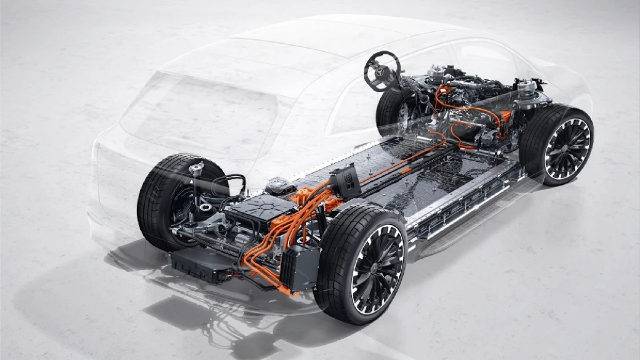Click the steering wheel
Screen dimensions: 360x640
[382, 71]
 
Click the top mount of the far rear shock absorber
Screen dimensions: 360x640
[196, 167]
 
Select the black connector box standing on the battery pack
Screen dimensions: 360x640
[346, 181]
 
